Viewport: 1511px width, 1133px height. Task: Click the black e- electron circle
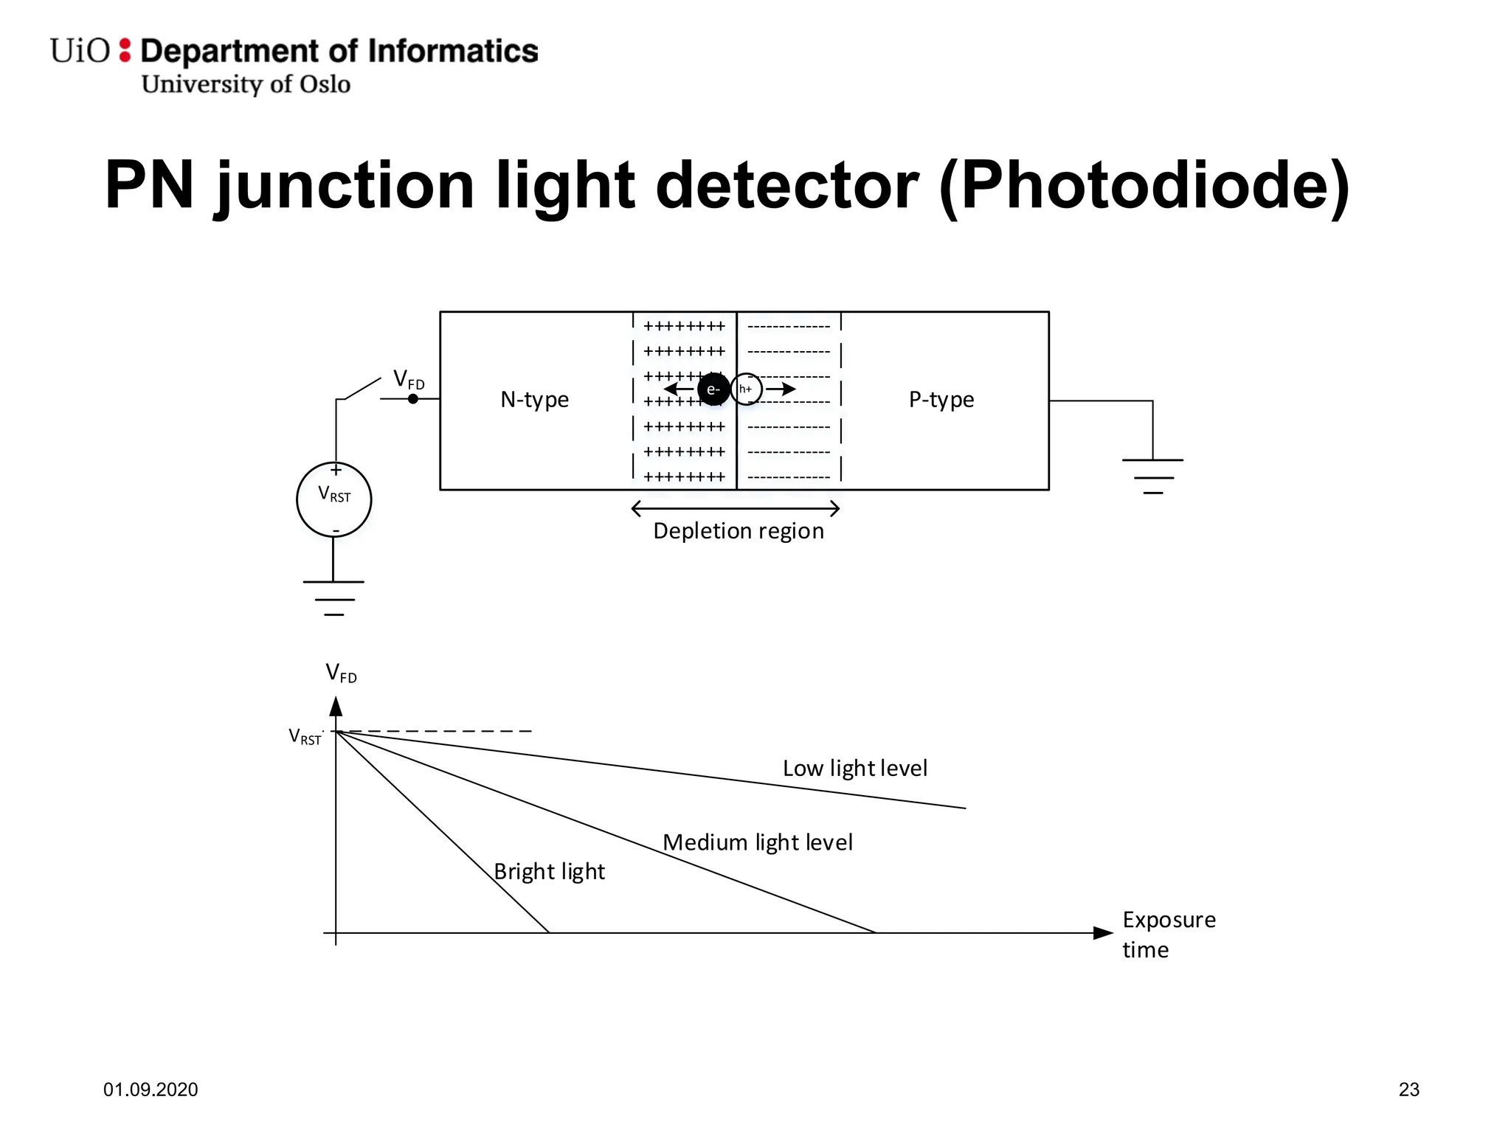713,389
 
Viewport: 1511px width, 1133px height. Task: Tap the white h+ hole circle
746,389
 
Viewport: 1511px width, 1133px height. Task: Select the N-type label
534,399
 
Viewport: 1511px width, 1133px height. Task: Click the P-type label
941,399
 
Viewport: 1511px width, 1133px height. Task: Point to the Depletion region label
738,530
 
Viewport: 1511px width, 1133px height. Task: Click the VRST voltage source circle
333,499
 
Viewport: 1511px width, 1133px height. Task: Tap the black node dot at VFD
413,399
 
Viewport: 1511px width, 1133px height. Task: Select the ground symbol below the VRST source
333,597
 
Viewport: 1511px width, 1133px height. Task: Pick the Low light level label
854,768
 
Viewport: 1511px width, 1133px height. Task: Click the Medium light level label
757,842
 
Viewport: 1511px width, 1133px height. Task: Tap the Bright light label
549,871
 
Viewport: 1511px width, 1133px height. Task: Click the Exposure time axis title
1168,934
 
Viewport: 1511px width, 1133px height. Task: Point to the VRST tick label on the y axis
305,736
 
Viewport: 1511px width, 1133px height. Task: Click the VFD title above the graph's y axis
341,673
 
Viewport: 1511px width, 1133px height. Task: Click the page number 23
1408,1089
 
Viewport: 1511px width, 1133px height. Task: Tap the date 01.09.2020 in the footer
151,1089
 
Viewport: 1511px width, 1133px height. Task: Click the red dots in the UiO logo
125,50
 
